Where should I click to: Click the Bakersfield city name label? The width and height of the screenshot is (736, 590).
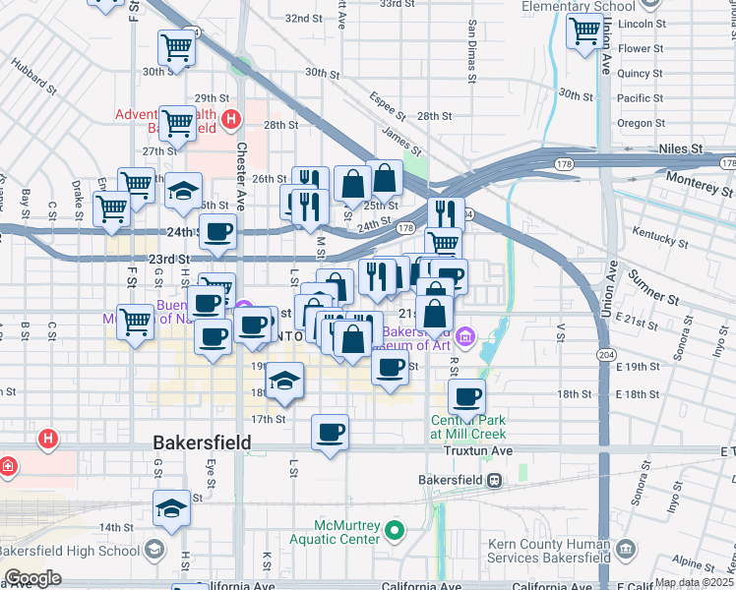pyautogui.click(x=202, y=443)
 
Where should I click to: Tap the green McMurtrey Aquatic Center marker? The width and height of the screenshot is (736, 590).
pyautogui.click(x=395, y=531)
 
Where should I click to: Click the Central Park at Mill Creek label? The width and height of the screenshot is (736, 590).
pyautogui.click(x=467, y=427)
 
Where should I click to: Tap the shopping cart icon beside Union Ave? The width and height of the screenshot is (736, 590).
pyautogui.click(x=584, y=31)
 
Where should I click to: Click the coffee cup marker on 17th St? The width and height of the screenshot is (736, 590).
pyautogui.click(x=330, y=432)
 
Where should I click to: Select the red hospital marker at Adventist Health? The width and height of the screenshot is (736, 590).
pyautogui.click(x=230, y=121)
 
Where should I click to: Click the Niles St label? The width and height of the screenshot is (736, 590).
pyautogui.click(x=683, y=148)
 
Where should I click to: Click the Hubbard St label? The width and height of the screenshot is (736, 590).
pyautogui.click(x=34, y=77)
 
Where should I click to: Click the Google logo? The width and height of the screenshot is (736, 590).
pyautogui.click(x=32, y=578)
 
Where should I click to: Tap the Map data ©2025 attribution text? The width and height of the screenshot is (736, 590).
pyautogui.click(x=694, y=582)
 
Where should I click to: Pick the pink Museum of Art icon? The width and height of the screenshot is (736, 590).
pyautogui.click(x=464, y=336)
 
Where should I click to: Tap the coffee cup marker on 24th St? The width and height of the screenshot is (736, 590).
pyautogui.click(x=218, y=232)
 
